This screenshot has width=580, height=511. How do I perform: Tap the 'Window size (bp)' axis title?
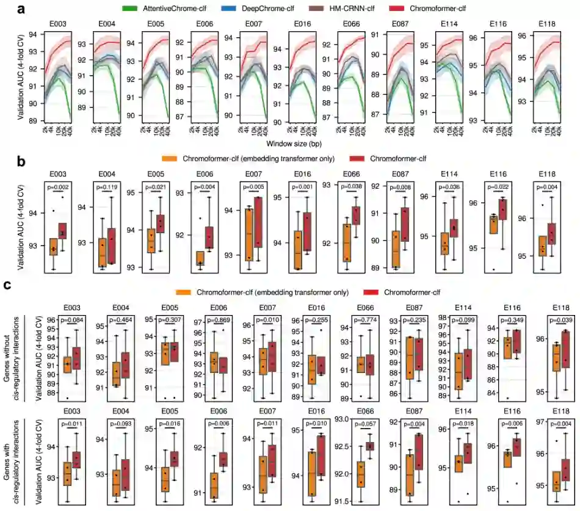290,143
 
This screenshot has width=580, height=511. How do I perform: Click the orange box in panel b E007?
249,234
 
